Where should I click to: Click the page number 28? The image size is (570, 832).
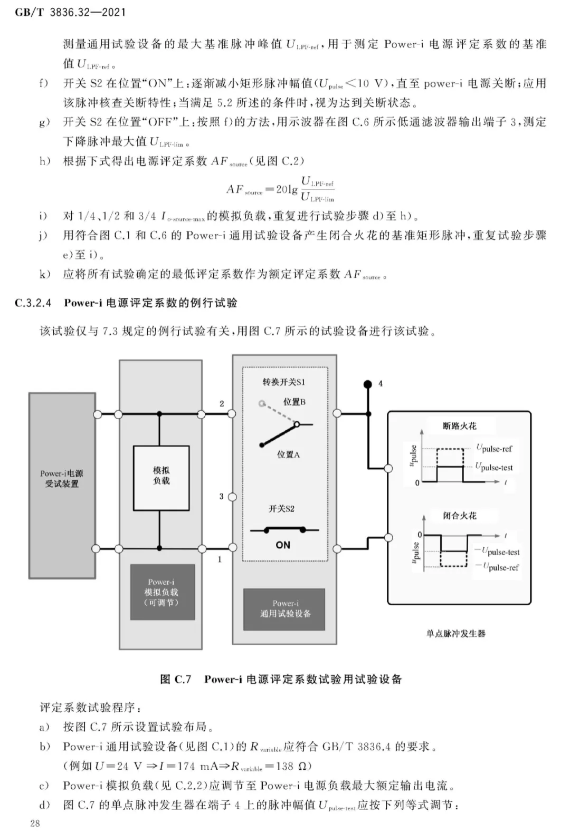click(35, 823)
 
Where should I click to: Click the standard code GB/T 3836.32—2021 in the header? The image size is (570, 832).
click(70, 12)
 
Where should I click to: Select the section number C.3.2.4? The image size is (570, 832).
click(33, 303)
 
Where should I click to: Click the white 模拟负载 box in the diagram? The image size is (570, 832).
click(161, 478)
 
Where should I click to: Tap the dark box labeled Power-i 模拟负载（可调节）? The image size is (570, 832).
click(163, 592)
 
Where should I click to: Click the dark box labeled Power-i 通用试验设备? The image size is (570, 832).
click(284, 609)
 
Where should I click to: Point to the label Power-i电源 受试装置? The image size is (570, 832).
click(62, 478)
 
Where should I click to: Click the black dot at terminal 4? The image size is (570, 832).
click(368, 384)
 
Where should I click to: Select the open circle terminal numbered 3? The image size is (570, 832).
click(232, 497)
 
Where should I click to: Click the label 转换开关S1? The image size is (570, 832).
click(284, 382)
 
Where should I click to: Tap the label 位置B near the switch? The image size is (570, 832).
click(294, 402)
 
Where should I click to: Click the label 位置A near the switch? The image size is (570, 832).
click(288, 454)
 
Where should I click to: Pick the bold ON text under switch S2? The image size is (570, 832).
click(283, 545)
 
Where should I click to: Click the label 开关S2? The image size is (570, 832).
click(281, 508)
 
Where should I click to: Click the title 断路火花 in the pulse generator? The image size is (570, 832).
click(460, 425)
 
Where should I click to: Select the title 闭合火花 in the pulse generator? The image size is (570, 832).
click(460, 515)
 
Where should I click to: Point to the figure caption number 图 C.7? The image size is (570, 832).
click(176, 679)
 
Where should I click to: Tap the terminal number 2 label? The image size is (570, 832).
click(222, 403)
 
